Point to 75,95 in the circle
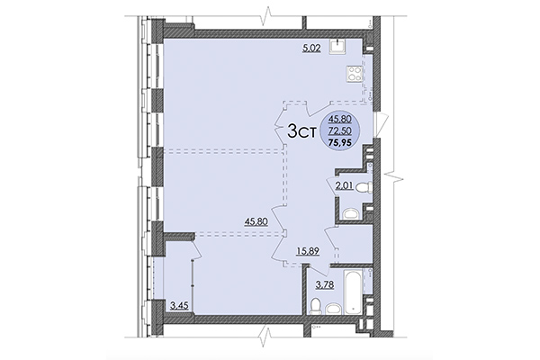341,142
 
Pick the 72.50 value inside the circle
340,130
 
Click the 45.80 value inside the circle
340,119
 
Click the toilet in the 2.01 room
360,188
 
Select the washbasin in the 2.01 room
349,214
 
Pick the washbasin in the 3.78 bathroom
333,309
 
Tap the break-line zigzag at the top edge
267,15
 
